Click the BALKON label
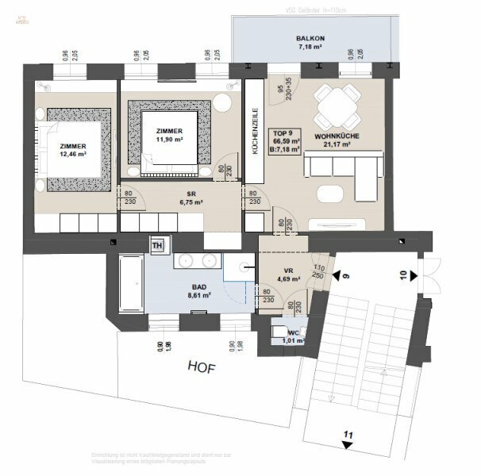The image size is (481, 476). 309,37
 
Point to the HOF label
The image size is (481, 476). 203,367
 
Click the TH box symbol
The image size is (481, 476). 156,244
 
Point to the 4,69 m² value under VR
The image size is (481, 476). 287,278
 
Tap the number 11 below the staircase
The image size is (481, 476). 347,434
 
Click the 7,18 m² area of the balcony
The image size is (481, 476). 309,48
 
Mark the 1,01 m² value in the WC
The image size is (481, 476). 293,341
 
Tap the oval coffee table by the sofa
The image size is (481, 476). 329,194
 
